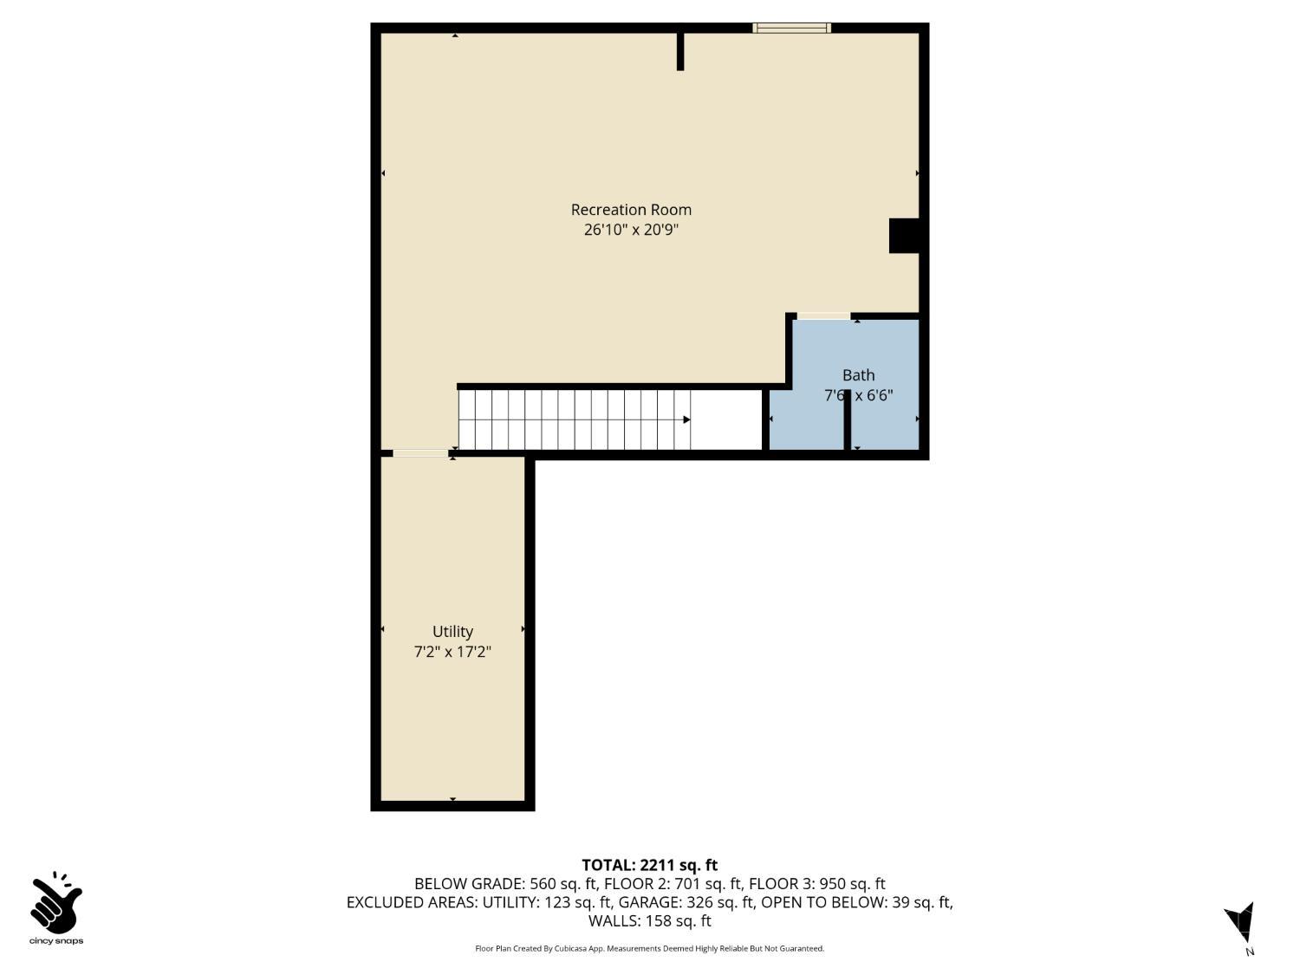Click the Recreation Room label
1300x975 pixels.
pyautogui.click(x=631, y=210)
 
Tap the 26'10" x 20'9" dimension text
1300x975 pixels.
pyautogui.click(x=631, y=230)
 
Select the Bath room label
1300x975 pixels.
pyautogui.click(x=858, y=375)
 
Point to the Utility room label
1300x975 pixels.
pyautogui.click(x=452, y=632)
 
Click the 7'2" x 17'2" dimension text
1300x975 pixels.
pyautogui.click(x=452, y=652)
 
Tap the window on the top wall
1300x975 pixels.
pyautogui.click(x=791, y=28)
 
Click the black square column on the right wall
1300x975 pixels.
pyautogui.click(x=904, y=236)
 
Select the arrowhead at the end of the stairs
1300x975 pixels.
pyautogui.click(x=686, y=419)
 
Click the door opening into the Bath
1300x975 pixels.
pyautogui.click(x=824, y=316)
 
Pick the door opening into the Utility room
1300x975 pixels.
pyautogui.click(x=420, y=453)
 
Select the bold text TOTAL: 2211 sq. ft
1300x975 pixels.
pyautogui.click(x=650, y=866)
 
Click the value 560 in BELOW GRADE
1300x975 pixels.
pyautogui.click(x=543, y=884)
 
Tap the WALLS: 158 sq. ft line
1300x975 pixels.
pyautogui.click(x=650, y=921)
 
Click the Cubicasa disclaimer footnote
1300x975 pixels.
pyautogui.click(x=650, y=948)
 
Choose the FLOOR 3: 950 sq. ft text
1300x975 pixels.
pyautogui.click(x=817, y=884)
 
